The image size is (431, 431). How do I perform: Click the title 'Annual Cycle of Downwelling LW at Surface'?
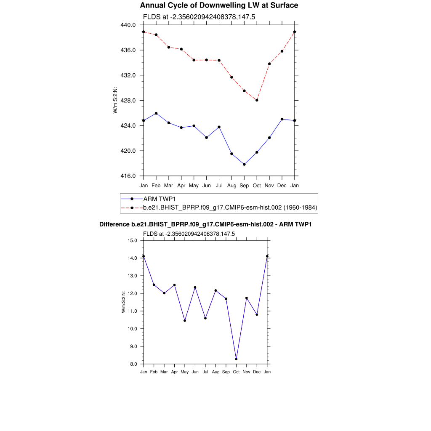[x=219, y=5]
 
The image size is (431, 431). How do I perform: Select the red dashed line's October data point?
[x=257, y=100]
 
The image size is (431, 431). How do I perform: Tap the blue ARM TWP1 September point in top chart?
[x=244, y=164]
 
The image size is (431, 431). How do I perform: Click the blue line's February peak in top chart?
[x=156, y=113]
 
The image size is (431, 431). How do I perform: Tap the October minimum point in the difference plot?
[x=236, y=359]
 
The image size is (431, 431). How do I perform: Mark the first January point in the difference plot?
[x=144, y=256]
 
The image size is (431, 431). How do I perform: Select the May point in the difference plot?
[x=185, y=321]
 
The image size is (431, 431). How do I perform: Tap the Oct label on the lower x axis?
[x=236, y=372]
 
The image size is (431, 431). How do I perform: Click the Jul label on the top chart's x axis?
[x=219, y=185]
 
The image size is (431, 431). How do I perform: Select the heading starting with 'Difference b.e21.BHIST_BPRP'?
[x=205, y=224]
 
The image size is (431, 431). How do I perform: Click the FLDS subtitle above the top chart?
[x=200, y=17]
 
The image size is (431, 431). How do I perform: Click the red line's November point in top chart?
[x=269, y=64]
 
